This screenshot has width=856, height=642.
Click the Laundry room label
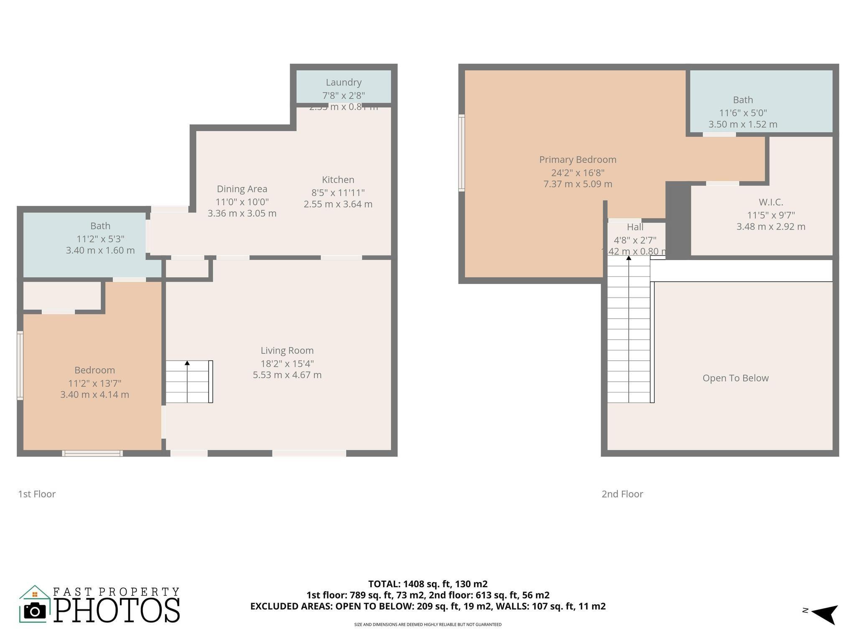click(344, 82)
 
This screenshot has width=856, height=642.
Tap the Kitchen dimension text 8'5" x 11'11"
click(338, 193)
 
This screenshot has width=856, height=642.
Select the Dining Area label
click(242, 189)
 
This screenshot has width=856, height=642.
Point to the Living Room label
click(287, 351)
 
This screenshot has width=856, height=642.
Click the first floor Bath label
click(100, 226)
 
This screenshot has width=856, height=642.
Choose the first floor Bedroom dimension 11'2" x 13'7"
click(94, 383)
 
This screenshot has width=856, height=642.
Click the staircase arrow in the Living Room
click(187, 363)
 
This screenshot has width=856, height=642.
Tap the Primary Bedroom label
click(578, 160)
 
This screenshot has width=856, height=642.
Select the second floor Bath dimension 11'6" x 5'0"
click(743, 113)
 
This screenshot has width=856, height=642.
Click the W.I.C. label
click(771, 202)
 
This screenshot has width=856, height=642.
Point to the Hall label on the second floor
click(635, 227)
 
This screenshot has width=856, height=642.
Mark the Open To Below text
click(735, 378)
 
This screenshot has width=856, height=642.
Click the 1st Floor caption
click(37, 494)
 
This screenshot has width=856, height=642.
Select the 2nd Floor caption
click(622, 494)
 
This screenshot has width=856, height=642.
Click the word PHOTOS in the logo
click(117, 611)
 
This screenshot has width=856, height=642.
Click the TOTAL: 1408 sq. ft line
click(428, 584)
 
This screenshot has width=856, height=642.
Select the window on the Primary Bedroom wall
click(461, 153)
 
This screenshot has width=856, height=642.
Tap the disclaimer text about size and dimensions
click(428, 625)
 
